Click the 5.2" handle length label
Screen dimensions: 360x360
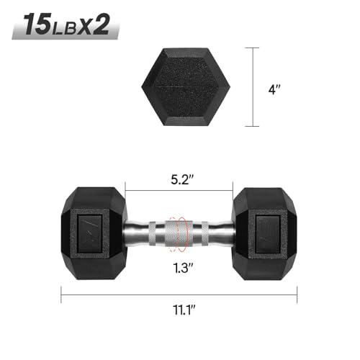179,176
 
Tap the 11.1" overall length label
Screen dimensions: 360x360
179,312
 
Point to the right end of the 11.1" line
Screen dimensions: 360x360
298,292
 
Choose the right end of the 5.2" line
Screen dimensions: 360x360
234,192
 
